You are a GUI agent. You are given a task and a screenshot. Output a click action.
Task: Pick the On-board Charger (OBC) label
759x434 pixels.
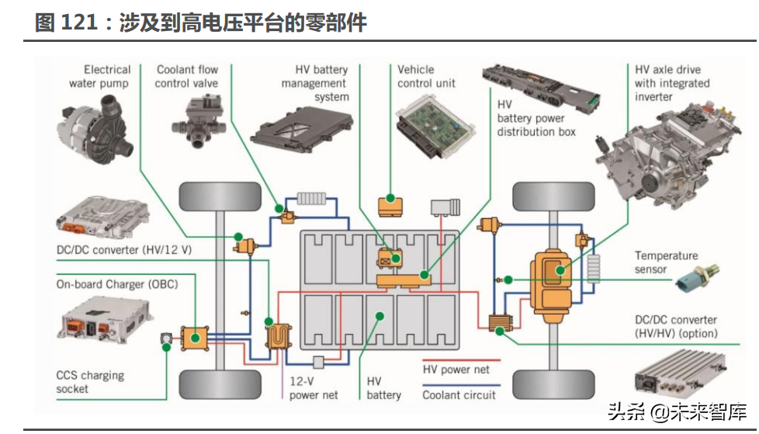tap(116, 284)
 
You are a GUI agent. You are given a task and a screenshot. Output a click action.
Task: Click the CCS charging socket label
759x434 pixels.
tap(89, 382)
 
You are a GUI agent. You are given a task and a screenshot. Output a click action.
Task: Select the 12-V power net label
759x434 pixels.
tap(314, 387)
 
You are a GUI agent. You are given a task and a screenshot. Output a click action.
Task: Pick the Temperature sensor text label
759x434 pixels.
tap(666, 262)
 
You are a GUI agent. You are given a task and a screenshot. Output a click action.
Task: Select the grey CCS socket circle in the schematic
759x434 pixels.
tap(167, 339)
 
